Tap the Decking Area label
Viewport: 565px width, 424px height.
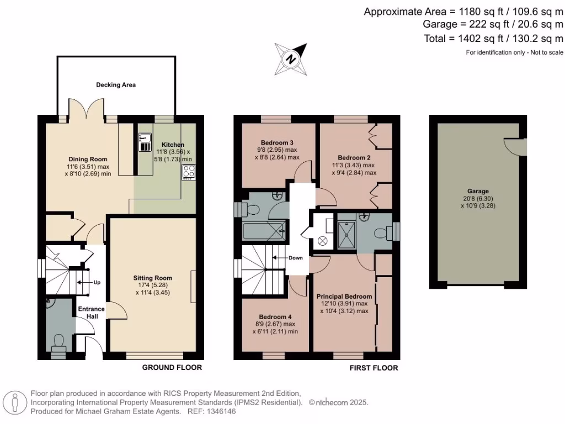click(x=116, y=85)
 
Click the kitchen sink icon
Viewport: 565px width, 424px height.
click(x=145, y=142)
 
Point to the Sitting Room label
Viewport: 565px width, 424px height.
click(x=152, y=278)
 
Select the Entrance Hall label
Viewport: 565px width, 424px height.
click(x=91, y=313)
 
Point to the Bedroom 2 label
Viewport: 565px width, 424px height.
click(x=353, y=157)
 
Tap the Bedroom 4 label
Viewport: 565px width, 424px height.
click(x=276, y=317)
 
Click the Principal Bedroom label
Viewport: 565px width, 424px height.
click(x=344, y=296)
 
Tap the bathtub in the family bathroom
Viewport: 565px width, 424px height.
click(x=264, y=231)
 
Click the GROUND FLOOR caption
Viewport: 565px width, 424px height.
click(x=172, y=368)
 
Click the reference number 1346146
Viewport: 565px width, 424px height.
click(x=221, y=412)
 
